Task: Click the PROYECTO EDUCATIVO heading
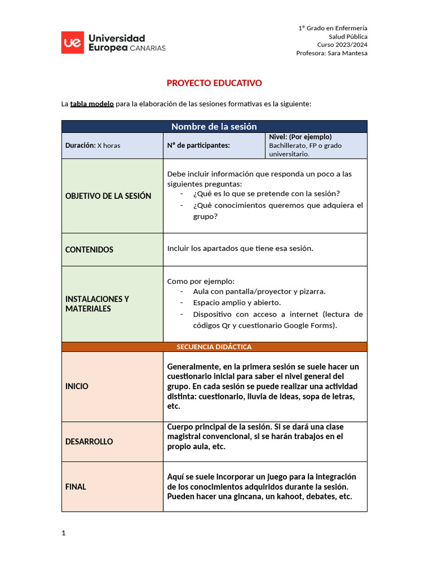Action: pyautogui.click(x=214, y=83)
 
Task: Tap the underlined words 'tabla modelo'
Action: pyautogui.click(x=92, y=104)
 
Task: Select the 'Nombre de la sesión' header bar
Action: pyautogui.click(x=214, y=126)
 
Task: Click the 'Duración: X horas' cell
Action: pyautogui.click(x=93, y=145)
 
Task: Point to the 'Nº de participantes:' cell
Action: pyautogui.click(x=198, y=145)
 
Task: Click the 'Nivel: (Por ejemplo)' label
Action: pyautogui.click(x=301, y=137)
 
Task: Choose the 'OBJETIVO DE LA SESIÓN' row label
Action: pyautogui.click(x=108, y=196)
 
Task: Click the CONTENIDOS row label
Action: pyautogui.click(x=89, y=250)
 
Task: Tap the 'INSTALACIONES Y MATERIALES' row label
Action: pyautogui.click(x=97, y=303)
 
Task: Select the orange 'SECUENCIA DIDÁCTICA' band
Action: pyautogui.click(x=214, y=347)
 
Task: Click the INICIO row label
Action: pyautogui.click(x=77, y=386)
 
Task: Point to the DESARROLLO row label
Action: pyautogui.click(x=89, y=441)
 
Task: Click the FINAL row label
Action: pyautogui.click(x=76, y=487)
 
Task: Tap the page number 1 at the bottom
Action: pyautogui.click(x=64, y=533)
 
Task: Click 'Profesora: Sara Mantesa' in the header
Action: pyautogui.click(x=332, y=53)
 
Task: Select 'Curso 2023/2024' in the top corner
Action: pyautogui.click(x=342, y=45)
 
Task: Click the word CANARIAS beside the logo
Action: pyautogui.click(x=147, y=48)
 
